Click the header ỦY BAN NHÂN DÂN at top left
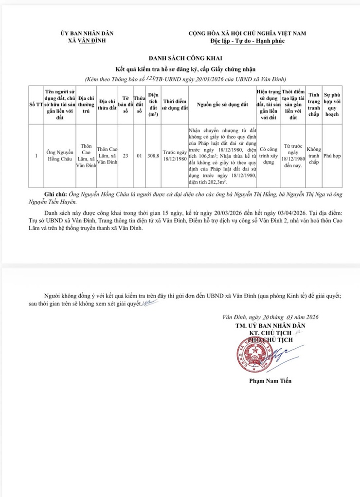(87, 34)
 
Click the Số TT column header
(36, 105)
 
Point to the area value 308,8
(153, 156)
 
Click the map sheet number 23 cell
(126, 156)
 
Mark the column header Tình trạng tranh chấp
(314, 105)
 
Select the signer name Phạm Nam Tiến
(270, 381)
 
